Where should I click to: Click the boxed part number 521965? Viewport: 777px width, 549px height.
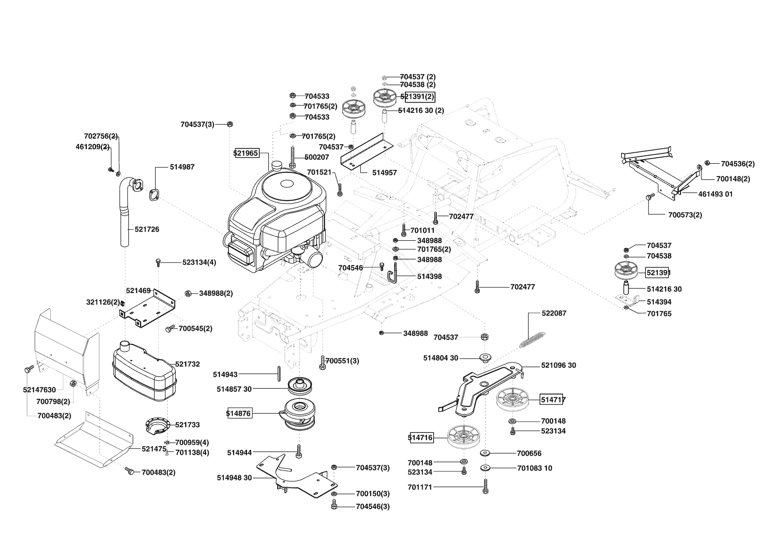(x=246, y=153)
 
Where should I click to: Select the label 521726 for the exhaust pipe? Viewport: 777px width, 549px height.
(x=147, y=229)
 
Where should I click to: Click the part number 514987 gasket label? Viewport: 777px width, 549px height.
(x=182, y=167)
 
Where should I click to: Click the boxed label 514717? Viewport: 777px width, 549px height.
(x=553, y=400)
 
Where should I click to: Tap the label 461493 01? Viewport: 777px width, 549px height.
(x=715, y=194)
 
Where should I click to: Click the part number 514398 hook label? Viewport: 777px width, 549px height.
(x=429, y=277)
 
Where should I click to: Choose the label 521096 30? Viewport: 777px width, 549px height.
(x=559, y=365)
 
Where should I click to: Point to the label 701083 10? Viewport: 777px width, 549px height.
(x=534, y=468)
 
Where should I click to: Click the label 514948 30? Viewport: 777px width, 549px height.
(x=234, y=478)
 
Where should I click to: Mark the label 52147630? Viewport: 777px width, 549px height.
(x=39, y=390)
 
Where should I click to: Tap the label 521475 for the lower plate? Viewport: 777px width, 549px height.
(x=154, y=448)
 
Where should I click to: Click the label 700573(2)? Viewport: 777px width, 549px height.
(x=685, y=215)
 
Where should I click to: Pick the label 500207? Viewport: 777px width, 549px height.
(x=317, y=157)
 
